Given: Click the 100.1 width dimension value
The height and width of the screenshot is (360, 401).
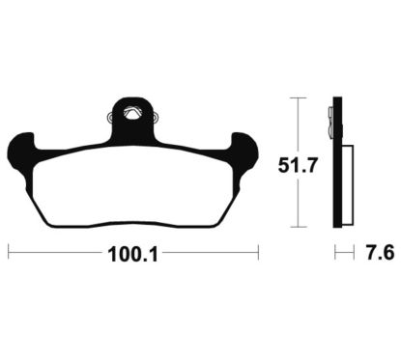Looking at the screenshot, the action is (132, 255).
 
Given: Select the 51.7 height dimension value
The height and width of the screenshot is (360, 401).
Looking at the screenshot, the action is (298, 166).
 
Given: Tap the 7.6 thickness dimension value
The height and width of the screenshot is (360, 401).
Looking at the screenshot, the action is (380, 253).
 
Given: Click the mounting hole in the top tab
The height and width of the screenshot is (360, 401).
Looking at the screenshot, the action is (132, 114).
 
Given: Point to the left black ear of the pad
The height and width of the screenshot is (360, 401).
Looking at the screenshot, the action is (21, 154).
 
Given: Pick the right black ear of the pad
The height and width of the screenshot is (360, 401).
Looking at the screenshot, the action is (245, 154).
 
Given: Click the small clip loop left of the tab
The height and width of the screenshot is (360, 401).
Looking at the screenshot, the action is (109, 117).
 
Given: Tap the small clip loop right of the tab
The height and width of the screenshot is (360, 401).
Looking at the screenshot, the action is (157, 117).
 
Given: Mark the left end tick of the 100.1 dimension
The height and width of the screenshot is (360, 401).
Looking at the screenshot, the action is (9, 252).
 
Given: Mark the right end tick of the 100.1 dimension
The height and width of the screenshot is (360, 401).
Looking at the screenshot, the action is (258, 252).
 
